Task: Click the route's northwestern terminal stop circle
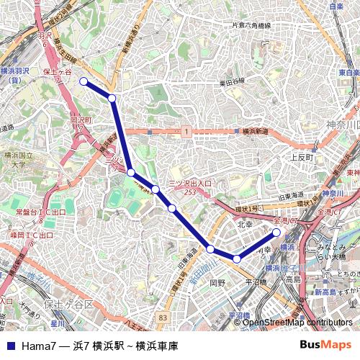pos(83,81)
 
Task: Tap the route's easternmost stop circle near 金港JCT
pos(276,233)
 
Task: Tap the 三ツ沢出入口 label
pos(190,184)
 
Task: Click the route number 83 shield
pos(163,316)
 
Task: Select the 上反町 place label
pos(302,156)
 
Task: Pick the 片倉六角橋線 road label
pos(251,26)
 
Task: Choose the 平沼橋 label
pos(256,283)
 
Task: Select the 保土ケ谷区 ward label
pos(69,305)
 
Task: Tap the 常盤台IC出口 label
pos(40,212)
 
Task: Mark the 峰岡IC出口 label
pos(32,235)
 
